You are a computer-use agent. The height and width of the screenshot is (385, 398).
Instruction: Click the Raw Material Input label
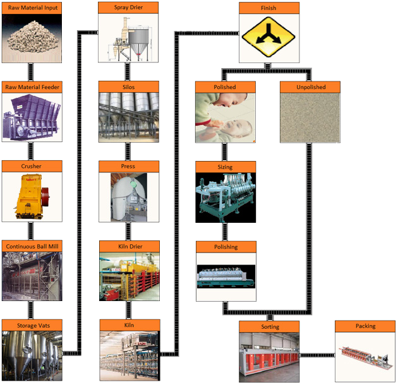click(32, 8)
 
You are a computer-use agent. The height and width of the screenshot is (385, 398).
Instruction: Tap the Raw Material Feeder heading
click(32, 87)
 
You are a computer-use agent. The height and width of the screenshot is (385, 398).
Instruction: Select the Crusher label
click(32, 166)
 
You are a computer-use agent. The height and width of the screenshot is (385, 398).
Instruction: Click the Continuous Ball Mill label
click(32, 246)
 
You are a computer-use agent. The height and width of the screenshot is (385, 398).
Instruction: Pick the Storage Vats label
click(32, 325)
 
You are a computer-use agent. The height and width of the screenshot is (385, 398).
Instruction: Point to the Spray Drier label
click(129, 8)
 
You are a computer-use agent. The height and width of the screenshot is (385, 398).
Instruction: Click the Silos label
click(129, 87)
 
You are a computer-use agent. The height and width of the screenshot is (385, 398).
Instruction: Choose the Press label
click(129, 166)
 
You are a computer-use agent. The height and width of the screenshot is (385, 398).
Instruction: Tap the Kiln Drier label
click(129, 246)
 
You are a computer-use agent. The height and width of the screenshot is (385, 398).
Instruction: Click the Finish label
click(268, 8)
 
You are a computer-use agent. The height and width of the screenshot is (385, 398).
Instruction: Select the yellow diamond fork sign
click(268, 39)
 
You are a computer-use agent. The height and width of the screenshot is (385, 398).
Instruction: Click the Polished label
click(225, 86)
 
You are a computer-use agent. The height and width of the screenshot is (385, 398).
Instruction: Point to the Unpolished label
click(311, 86)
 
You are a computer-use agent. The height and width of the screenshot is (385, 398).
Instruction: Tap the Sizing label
click(225, 167)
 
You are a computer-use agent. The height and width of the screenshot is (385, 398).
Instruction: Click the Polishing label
click(226, 247)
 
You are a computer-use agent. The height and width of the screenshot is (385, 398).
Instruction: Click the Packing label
click(365, 326)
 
